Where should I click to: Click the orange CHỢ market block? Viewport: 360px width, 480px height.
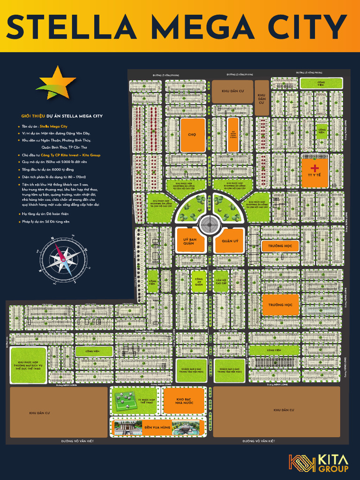click(193, 135)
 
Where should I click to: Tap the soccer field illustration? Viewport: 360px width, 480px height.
click(125, 400)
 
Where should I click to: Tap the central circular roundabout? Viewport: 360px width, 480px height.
click(208, 225)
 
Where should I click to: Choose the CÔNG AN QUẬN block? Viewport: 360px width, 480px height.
click(199, 281)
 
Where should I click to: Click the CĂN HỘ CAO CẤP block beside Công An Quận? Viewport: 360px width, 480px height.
click(221, 281)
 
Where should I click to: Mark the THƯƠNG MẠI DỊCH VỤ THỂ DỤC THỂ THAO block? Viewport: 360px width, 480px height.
click(28, 365)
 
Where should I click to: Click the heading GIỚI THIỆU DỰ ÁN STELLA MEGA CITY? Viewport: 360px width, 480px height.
click(62, 116)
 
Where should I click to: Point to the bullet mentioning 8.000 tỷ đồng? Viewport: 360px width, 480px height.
click(47, 169)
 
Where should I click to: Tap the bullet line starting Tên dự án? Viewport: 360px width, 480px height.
click(45, 126)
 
